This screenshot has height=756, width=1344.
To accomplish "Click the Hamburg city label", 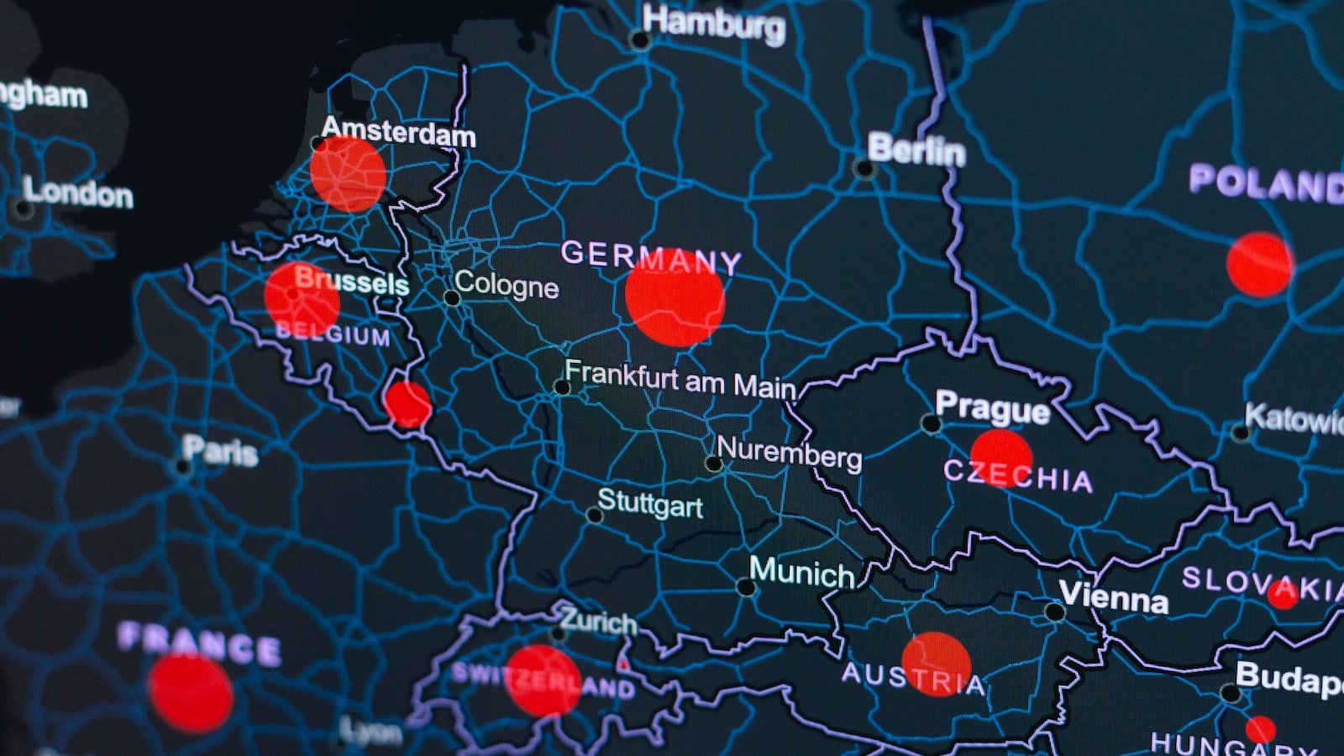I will tap(715, 23).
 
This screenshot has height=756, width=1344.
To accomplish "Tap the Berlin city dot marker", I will tap(863, 169).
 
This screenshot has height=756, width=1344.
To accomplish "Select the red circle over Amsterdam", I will tap(348, 174).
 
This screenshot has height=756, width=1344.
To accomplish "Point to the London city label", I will tap(77, 193).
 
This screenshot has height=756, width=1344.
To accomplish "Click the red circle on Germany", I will tap(675, 298).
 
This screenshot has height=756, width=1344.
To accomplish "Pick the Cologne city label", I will tap(506, 286).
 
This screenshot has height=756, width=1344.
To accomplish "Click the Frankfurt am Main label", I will tap(680, 380).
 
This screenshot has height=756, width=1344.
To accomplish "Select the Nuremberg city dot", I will tap(714, 464).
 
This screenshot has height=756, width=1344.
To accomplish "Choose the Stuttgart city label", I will tap(650, 505).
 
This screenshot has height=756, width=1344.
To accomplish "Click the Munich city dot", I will tap(745, 587).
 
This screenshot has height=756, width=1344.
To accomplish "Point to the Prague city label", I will tap(992, 409).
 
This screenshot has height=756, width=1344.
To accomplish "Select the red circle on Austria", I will tap(936, 664).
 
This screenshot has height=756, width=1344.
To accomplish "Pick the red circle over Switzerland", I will tap(543, 680).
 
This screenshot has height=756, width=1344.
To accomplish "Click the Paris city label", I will tap(220, 452).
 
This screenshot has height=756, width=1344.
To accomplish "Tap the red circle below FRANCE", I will tap(192, 693).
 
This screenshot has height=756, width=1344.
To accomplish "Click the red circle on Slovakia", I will tap(1282, 594).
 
